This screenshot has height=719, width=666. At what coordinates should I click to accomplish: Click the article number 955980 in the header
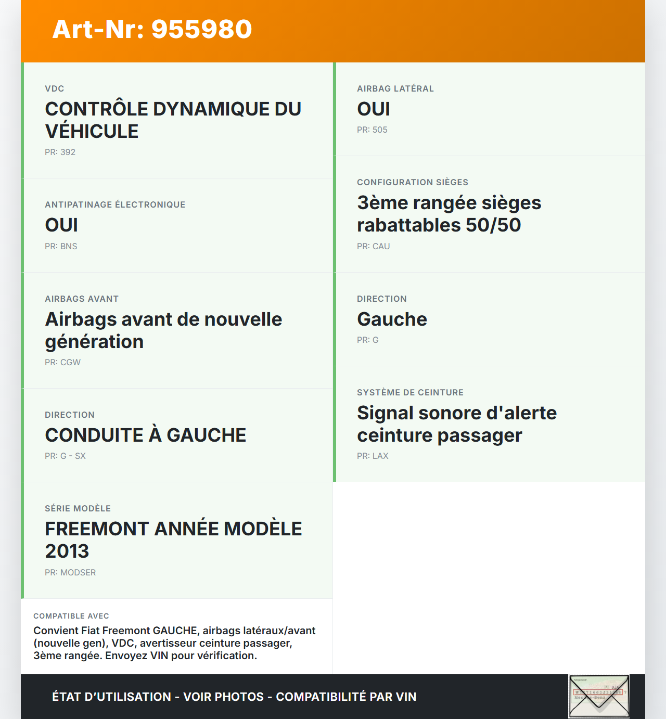[x=201, y=29]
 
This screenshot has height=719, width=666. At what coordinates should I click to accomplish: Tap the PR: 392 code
[x=60, y=152]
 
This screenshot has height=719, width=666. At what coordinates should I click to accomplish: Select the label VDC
[x=55, y=88]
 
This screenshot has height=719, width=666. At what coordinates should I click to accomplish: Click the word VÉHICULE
[x=92, y=131]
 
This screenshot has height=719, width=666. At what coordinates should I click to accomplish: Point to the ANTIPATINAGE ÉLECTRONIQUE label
[x=115, y=204]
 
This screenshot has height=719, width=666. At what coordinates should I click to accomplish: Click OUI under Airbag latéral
[x=374, y=109]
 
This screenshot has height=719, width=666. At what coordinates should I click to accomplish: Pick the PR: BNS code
[x=61, y=246]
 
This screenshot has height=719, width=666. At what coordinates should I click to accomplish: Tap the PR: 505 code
[x=372, y=130]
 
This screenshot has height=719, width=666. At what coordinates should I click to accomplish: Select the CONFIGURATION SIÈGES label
[x=413, y=182]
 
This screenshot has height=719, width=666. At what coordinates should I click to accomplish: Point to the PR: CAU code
[x=373, y=246]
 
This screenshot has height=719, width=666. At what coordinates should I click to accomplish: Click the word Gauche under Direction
[x=392, y=319]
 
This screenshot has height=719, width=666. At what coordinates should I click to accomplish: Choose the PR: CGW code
[x=62, y=362]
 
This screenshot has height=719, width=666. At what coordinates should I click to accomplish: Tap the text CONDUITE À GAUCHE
[x=146, y=435]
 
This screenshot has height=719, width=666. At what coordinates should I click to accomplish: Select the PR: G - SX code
[x=65, y=456]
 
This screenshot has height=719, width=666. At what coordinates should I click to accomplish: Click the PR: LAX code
[x=373, y=456]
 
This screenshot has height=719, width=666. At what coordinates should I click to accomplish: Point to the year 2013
[x=67, y=551]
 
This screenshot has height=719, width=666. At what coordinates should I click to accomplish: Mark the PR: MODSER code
[x=70, y=572]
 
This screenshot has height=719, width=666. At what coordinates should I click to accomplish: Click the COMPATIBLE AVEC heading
[x=71, y=616]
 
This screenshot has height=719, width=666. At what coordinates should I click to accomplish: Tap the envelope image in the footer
[x=599, y=697]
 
